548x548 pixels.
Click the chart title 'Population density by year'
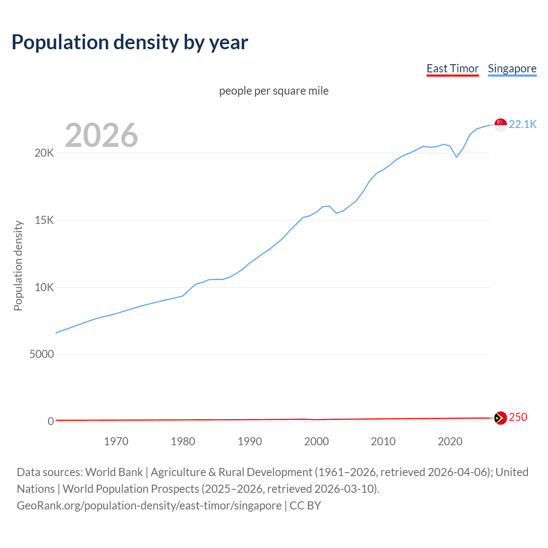(130, 42)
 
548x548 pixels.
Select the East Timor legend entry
(453, 69)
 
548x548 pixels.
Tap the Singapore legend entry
(512, 69)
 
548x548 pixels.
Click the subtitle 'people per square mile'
(274, 91)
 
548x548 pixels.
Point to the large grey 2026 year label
(101, 135)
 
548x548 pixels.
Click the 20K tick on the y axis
(44, 153)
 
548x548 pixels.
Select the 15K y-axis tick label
(44, 220)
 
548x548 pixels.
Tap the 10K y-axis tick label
(44, 288)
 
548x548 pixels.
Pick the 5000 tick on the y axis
(42, 354)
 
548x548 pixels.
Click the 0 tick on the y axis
(51, 422)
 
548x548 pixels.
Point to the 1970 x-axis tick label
(116, 442)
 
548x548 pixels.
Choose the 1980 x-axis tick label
(183, 442)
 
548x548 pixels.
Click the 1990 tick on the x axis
(250, 442)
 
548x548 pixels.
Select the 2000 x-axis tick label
(316, 442)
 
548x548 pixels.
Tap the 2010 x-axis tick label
(383, 442)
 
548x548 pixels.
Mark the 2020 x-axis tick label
(450, 442)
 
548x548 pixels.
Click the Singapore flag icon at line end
(500, 125)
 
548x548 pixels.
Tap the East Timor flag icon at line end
(500, 418)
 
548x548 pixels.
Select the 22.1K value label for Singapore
(523, 125)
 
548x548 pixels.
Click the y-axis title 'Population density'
(18, 265)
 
